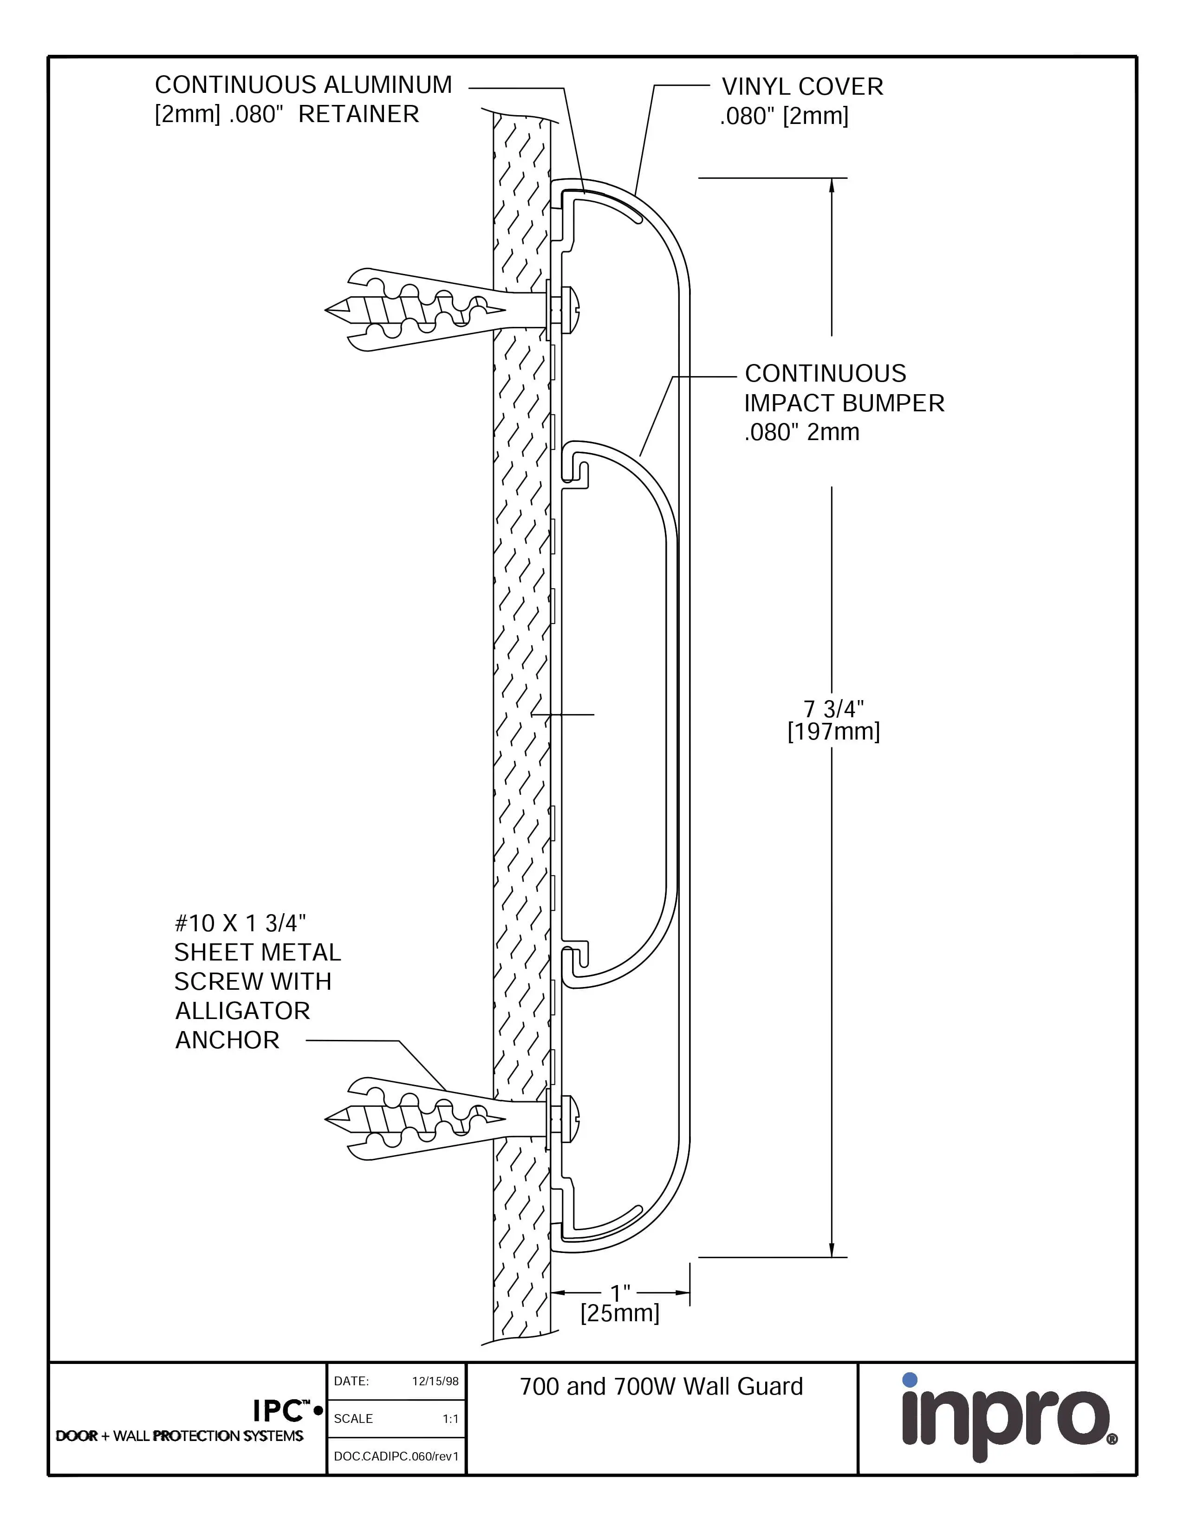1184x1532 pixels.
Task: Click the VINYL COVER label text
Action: [x=802, y=87]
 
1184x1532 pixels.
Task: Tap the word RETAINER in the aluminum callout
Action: [x=358, y=114]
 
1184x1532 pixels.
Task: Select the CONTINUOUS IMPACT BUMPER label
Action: [x=844, y=402]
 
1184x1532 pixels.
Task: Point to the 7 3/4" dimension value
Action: [x=833, y=709]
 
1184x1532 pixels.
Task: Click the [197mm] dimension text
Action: [x=833, y=732]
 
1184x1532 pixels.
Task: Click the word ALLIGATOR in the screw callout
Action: [x=242, y=1011]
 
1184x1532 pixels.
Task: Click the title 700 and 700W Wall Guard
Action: [x=661, y=1387]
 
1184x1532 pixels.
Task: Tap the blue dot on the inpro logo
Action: [x=910, y=1380]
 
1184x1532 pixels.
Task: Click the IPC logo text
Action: [x=280, y=1411]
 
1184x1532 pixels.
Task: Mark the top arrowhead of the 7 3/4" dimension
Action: [x=832, y=184]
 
